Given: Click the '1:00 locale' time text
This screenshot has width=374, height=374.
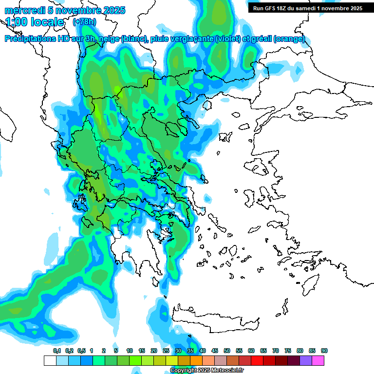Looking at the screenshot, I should coord(35,22).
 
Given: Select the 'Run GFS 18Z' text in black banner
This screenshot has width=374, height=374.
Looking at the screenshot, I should coord(271,8).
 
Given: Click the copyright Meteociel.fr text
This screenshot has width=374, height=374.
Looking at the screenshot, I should coord(206,371).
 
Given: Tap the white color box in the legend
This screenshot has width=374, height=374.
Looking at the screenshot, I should coord(50,360).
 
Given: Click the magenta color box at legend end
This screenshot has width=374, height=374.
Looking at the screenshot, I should coord(318,360).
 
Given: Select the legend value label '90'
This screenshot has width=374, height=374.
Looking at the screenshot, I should coord(324,351).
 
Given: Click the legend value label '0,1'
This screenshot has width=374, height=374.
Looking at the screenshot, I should coord(57,351).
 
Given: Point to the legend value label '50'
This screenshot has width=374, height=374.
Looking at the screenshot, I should coord(227,351).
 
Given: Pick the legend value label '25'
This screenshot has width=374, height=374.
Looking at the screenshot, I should coord(166,351).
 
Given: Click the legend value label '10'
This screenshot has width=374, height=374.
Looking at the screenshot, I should coord(130,351).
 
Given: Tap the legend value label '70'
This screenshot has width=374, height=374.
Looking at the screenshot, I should coord(276,351).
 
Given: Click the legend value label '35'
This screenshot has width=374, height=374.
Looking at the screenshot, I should coord(190,351).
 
